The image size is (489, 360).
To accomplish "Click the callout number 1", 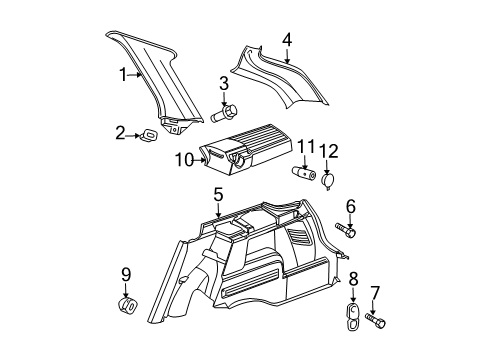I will [123, 74].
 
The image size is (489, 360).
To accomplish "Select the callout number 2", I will [121, 133].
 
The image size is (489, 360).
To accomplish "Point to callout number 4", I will [287, 41].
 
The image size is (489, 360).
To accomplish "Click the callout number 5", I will [217, 194].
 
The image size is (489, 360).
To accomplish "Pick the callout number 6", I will [351, 206].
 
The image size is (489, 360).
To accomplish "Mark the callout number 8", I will [351, 279].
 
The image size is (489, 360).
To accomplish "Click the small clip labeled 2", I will [148, 134].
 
